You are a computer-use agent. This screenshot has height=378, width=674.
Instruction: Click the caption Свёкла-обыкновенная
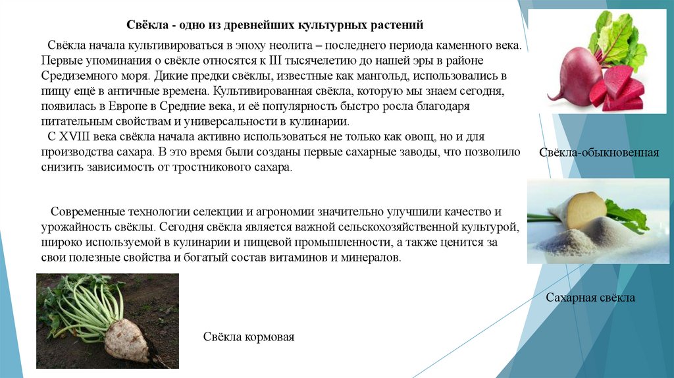(x=599, y=153)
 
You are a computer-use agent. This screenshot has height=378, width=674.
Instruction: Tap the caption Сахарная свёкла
(x=590, y=298)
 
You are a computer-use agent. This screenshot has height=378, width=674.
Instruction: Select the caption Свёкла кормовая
(x=248, y=337)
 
